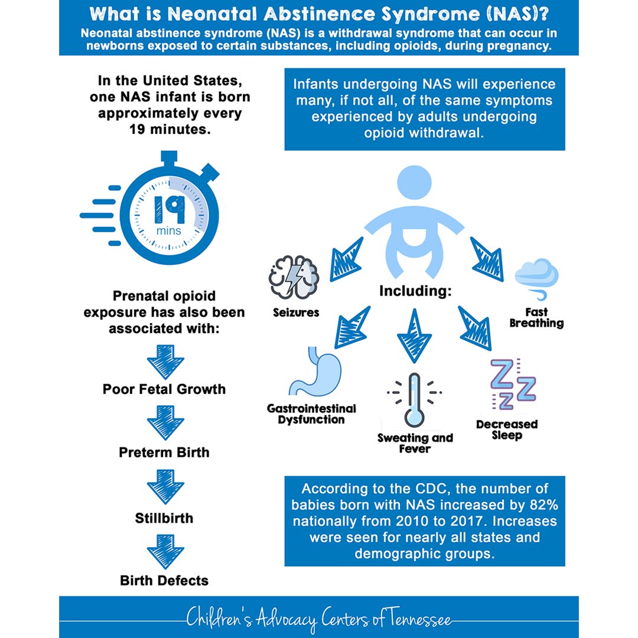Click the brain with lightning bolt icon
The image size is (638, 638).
click(x=294, y=277)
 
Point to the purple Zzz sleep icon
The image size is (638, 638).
click(x=513, y=384)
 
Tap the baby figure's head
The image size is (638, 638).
click(x=414, y=183)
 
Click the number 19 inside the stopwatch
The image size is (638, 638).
click(x=170, y=210)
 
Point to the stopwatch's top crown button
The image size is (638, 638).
click(x=169, y=158)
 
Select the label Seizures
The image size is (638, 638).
click(x=296, y=313)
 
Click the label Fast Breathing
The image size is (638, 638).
click(x=536, y=318)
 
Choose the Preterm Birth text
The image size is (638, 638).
click(x=164, y=453)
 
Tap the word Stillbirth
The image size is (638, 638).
click(x=164, y=518)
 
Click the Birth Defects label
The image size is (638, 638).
click(x=164, y=581)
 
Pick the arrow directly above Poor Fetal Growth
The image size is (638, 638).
click(x=165, y=362)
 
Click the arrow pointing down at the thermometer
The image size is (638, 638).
click(x=414, y=336)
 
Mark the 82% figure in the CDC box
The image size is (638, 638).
click(x=544, y=505)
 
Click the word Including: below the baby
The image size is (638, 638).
click(x=415, y=291)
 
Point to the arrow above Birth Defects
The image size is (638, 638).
click(x=165, y=551)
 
